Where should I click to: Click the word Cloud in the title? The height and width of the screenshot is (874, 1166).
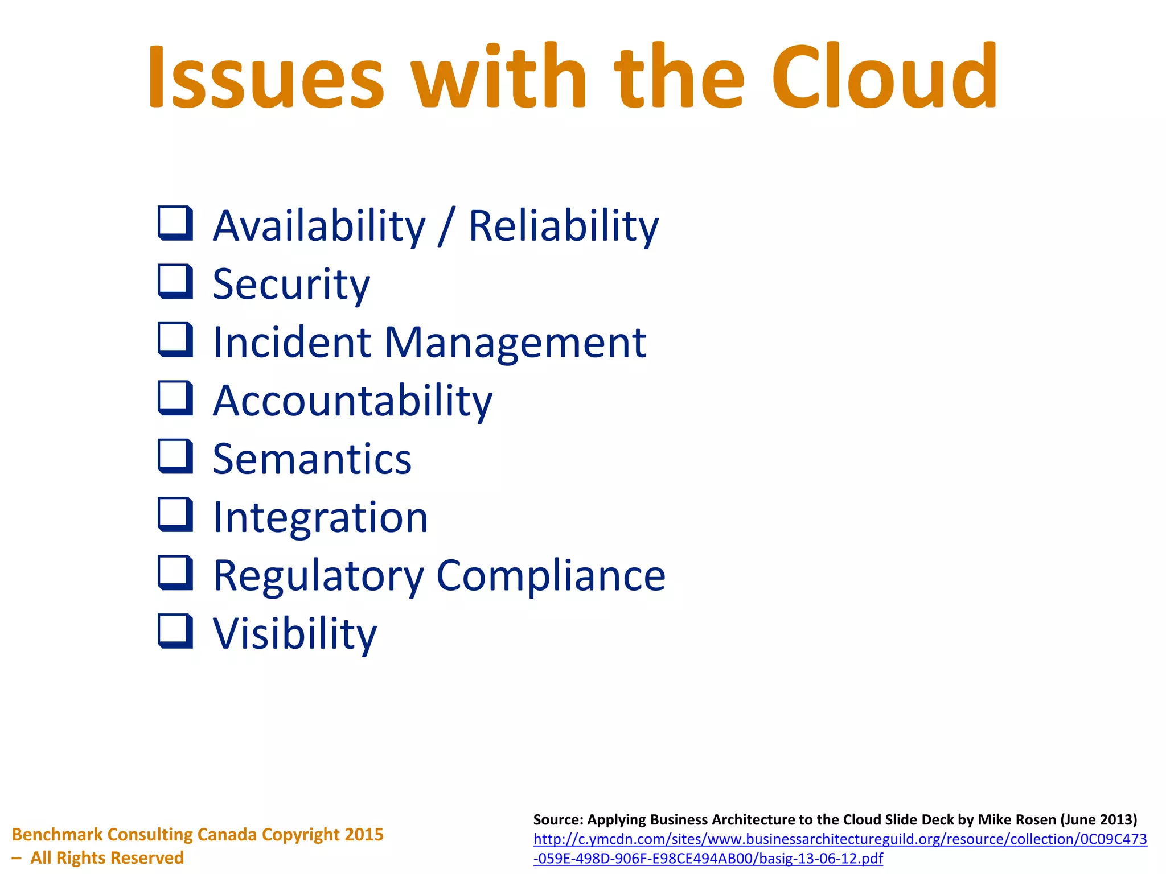click(x=884, y=77)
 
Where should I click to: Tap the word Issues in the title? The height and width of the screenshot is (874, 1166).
click(x=266, y=77)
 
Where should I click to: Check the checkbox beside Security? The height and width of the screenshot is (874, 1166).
click(x=175, y=281)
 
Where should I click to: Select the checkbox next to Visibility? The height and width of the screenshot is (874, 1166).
click(x=175, y=630)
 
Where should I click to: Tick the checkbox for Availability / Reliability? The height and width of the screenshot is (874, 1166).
click(x=175, y=222)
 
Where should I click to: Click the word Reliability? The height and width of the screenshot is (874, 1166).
click(x=563, y=226)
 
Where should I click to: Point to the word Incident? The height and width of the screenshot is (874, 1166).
click(x=291, y=343)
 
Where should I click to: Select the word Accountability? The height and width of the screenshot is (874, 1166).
click(x=352, y=401)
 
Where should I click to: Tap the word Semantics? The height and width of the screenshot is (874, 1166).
click(x=312, y=459)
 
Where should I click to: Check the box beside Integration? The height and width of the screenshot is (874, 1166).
click(x=175, y=514)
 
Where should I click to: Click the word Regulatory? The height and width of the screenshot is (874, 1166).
click(x=318, y=576)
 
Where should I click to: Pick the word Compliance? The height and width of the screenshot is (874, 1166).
click(x=551, y=576)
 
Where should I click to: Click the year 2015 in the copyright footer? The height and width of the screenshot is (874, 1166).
click(x=364, y=834)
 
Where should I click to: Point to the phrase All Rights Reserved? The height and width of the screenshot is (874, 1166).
click(x=107, y=857)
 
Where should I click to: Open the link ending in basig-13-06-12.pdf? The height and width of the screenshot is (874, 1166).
click(x=708, y=858)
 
